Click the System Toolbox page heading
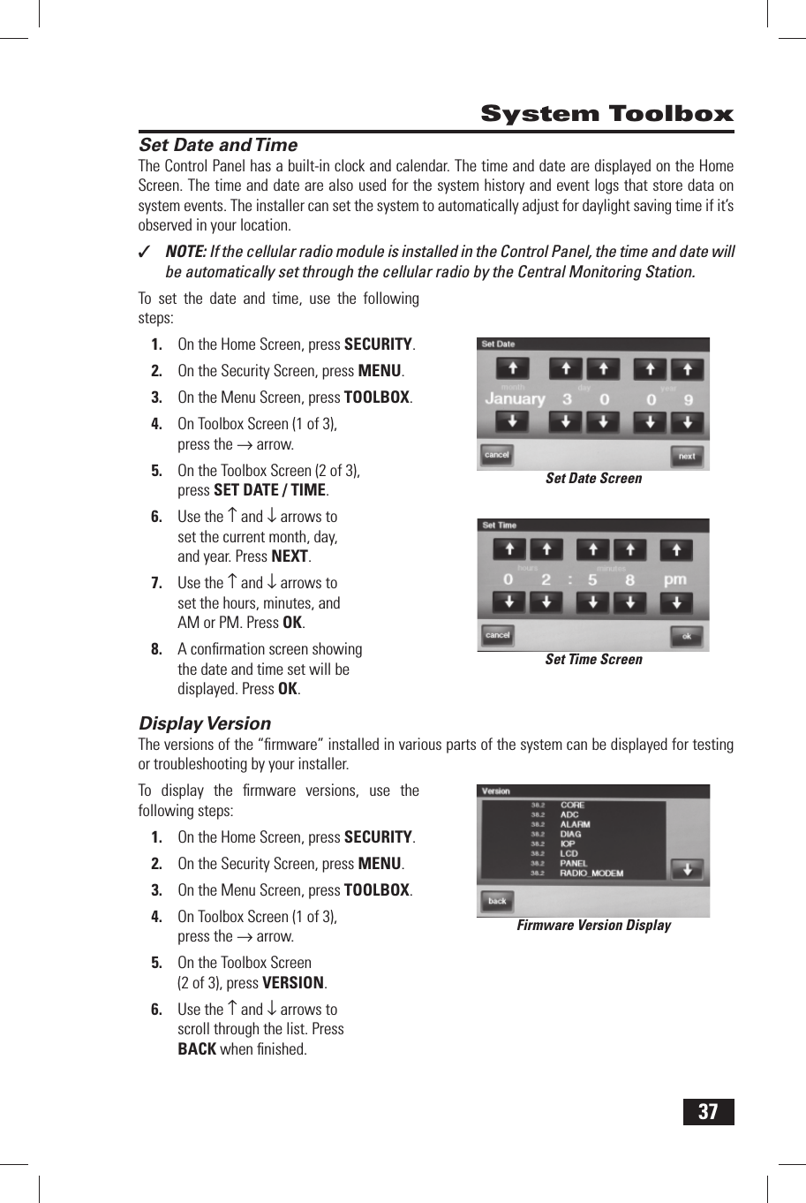(606, 114)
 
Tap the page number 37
(708, 1112)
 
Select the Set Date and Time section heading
(218, 145)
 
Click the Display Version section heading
(205, 723)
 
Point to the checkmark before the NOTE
(146, 253)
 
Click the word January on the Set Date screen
(515, 399)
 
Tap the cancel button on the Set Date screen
(497, 455)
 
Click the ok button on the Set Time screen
(686, 636)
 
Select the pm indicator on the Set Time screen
(675, 579)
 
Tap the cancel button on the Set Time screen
(498, 635)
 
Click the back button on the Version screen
(497, 901)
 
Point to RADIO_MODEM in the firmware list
(591, 874)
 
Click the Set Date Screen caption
(593, 479)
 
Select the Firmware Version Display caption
(593, 926)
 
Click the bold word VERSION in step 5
(293, 983)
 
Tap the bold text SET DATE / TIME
(270, 490)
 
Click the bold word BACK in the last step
(197, 1049)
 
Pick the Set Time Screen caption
(593, 660)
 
